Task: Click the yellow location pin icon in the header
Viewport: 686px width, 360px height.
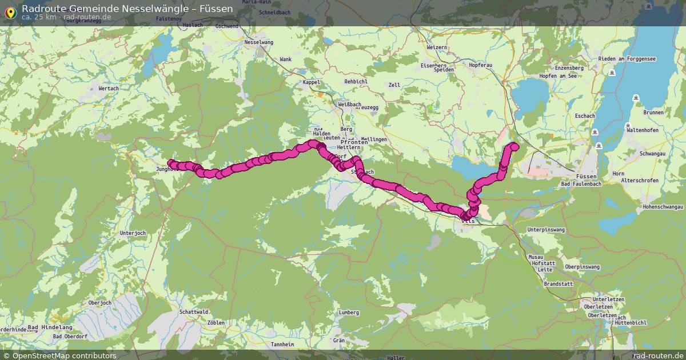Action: click(x=10, y=13)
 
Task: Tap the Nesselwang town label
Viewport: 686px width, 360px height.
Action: click(x=258, y=42)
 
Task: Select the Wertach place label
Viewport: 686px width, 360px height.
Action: click(x=109, y=89)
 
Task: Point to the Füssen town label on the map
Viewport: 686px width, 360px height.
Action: click(x=587, y=177)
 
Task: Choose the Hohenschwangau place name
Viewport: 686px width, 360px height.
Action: click(x=663, y=206)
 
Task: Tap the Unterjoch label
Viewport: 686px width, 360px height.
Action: click(x=133, y=233)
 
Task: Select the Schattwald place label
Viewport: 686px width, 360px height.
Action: click(x=194, y=312)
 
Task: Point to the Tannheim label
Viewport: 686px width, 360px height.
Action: click(x=282, y=345)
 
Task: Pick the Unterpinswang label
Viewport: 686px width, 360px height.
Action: click(x=545, y=229)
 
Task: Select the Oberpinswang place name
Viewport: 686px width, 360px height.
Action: click(x=582, y=267)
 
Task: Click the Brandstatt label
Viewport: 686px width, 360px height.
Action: click(x=559, y=283)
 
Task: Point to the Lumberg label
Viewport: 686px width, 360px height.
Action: click(x=349, y=313)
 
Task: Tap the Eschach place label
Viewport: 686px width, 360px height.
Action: click(x=585, y=116)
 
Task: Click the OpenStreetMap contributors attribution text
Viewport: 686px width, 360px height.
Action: click(x=64, y=355)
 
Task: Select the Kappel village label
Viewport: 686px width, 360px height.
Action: click(x=312, y=82)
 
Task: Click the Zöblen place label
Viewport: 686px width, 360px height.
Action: click(x=216, y=323)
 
